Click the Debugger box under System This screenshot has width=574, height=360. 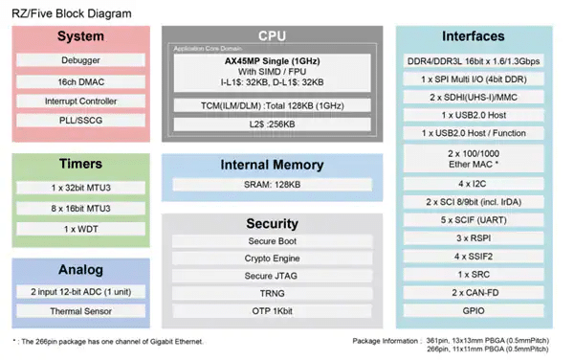pyautogui.click(x=80, y=60)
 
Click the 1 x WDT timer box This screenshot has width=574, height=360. pyautogui.click(x=80, y=228)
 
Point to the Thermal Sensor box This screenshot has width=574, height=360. pyautogui.click(x=80, y=311)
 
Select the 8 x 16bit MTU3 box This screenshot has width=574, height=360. pyautogui.click(x=80, y=209)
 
